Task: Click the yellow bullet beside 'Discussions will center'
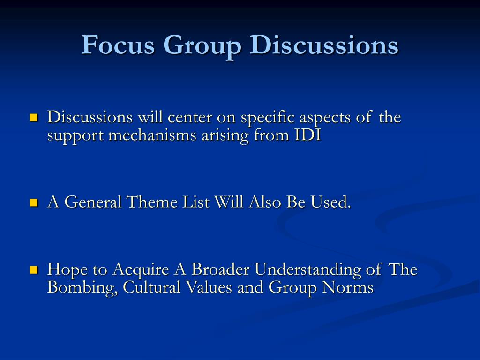[x=34, y=118]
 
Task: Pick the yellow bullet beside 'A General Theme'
[x=34, y=202]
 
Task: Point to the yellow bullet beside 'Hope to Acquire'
[x=34, y=270]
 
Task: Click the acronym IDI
[x=307, y=135]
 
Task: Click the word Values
[x=209, y=287]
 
